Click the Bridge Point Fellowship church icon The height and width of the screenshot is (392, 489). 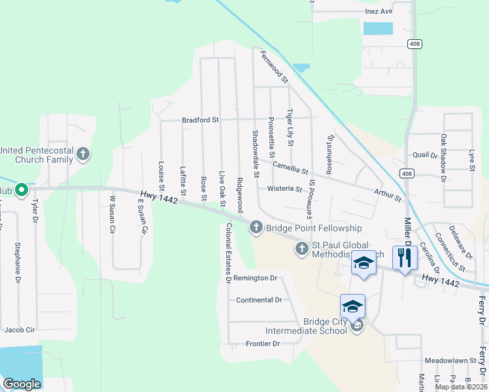pos(255,227)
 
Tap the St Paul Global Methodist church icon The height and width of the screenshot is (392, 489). pos(301,248)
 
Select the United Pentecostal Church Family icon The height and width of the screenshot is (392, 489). pos(82,155)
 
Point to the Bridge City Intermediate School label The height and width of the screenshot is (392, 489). pos(325,326)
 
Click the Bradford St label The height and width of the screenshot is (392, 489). pos(200,120)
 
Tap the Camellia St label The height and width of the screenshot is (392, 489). pos(290,168)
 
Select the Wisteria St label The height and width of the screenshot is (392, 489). pos(284,189)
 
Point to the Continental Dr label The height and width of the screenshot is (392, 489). pos(258,300)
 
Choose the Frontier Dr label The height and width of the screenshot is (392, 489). pos(263,344)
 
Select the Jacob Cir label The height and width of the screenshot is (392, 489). pos(19,330)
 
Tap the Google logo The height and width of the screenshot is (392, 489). pos(22,384)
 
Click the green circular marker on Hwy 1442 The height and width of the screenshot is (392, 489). pos(20,190)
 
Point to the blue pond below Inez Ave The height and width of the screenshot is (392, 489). pos(378,28)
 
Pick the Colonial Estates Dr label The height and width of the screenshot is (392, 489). pos(228,252)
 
